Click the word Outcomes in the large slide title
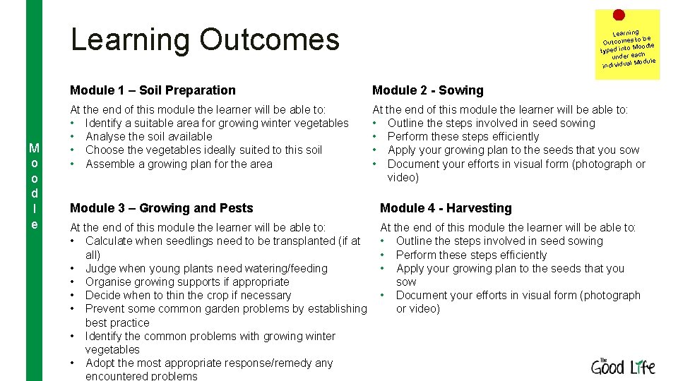(269, 40)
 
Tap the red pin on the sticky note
(619, 15)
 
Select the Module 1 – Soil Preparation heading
(153, 90)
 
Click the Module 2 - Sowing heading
(427, 90)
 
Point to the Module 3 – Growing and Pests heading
(161, 208)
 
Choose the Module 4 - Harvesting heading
(446, 208)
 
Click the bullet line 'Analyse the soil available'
(148, 136)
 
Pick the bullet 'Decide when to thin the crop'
(188, 295)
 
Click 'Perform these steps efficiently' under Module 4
(471, 255)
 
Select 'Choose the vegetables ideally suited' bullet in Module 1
(203, 150)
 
